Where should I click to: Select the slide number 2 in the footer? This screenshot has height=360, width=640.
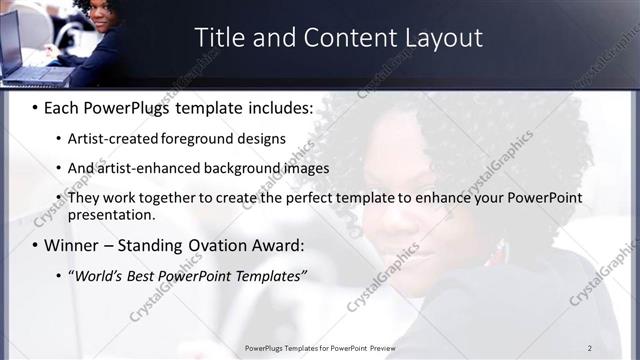tap(590, 348)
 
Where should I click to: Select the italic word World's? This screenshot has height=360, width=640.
tap(97, 275)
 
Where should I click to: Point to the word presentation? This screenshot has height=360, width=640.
tap(111, 214)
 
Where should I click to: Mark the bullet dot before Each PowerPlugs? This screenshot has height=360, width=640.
tap(34, 105)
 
